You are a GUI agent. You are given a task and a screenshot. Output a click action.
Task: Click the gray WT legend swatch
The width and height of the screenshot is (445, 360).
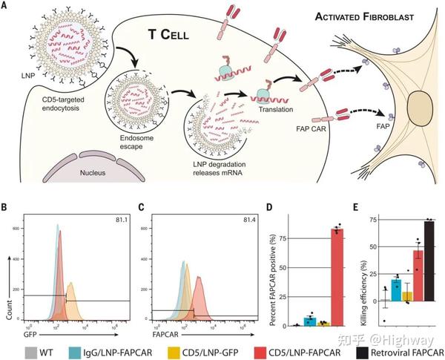pyautogui.click(x=31, y=344)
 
